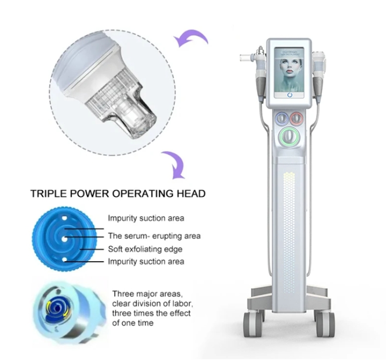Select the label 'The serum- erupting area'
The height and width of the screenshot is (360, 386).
tap(154, 236)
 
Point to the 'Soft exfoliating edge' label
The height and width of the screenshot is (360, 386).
tap(145, 249)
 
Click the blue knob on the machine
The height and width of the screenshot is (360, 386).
tap(281, 118)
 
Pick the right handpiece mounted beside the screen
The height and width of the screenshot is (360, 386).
tap(319, 72)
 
